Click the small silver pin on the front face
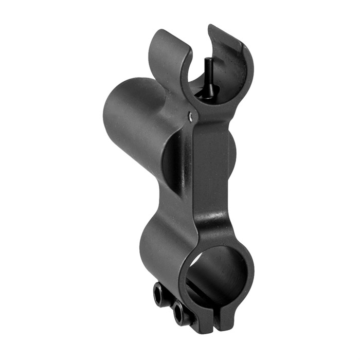[191, 117]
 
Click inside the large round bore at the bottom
[219, 273]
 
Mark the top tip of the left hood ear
[157, 32]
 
